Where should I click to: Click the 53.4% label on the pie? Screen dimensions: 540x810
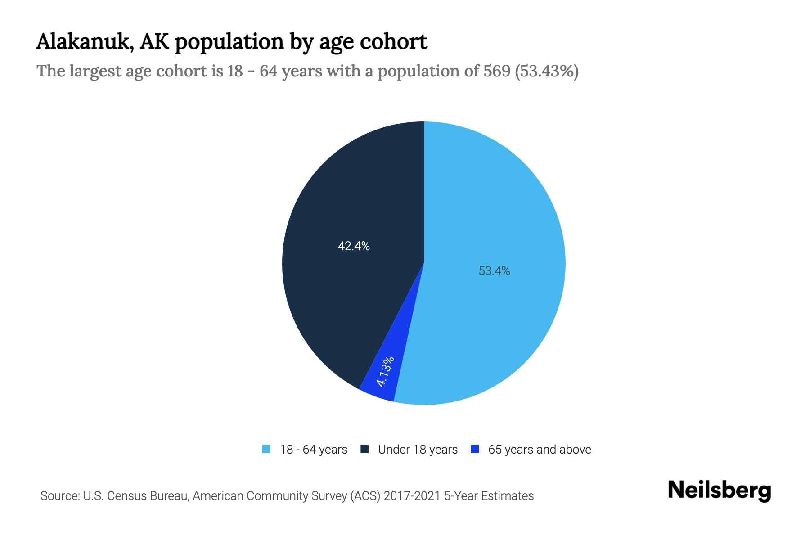pyautogui.click(x=494, y=271)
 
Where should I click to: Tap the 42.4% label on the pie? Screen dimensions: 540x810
pyautogui.click(x=354, y=246)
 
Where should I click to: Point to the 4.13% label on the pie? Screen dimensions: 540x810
pyautogui.click(x=386, y=372)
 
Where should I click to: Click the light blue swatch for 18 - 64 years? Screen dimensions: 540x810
pyautogui.click(x=266, y=449)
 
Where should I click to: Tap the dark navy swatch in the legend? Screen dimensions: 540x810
pyautogui.click(x=364, y=449)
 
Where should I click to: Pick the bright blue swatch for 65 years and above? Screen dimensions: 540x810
pyautogui.click(x=475, y=449)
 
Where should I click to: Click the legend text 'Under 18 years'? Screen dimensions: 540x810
pyautogui.click(x=418, y=450)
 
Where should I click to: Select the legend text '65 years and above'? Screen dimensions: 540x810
pyautogui.click(x=540, y=450)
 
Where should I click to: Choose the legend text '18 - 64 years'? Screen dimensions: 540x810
pyautogui.click(x=314, y=450)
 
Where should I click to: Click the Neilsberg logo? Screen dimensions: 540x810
pyautogui.click(x=719, y=490)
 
